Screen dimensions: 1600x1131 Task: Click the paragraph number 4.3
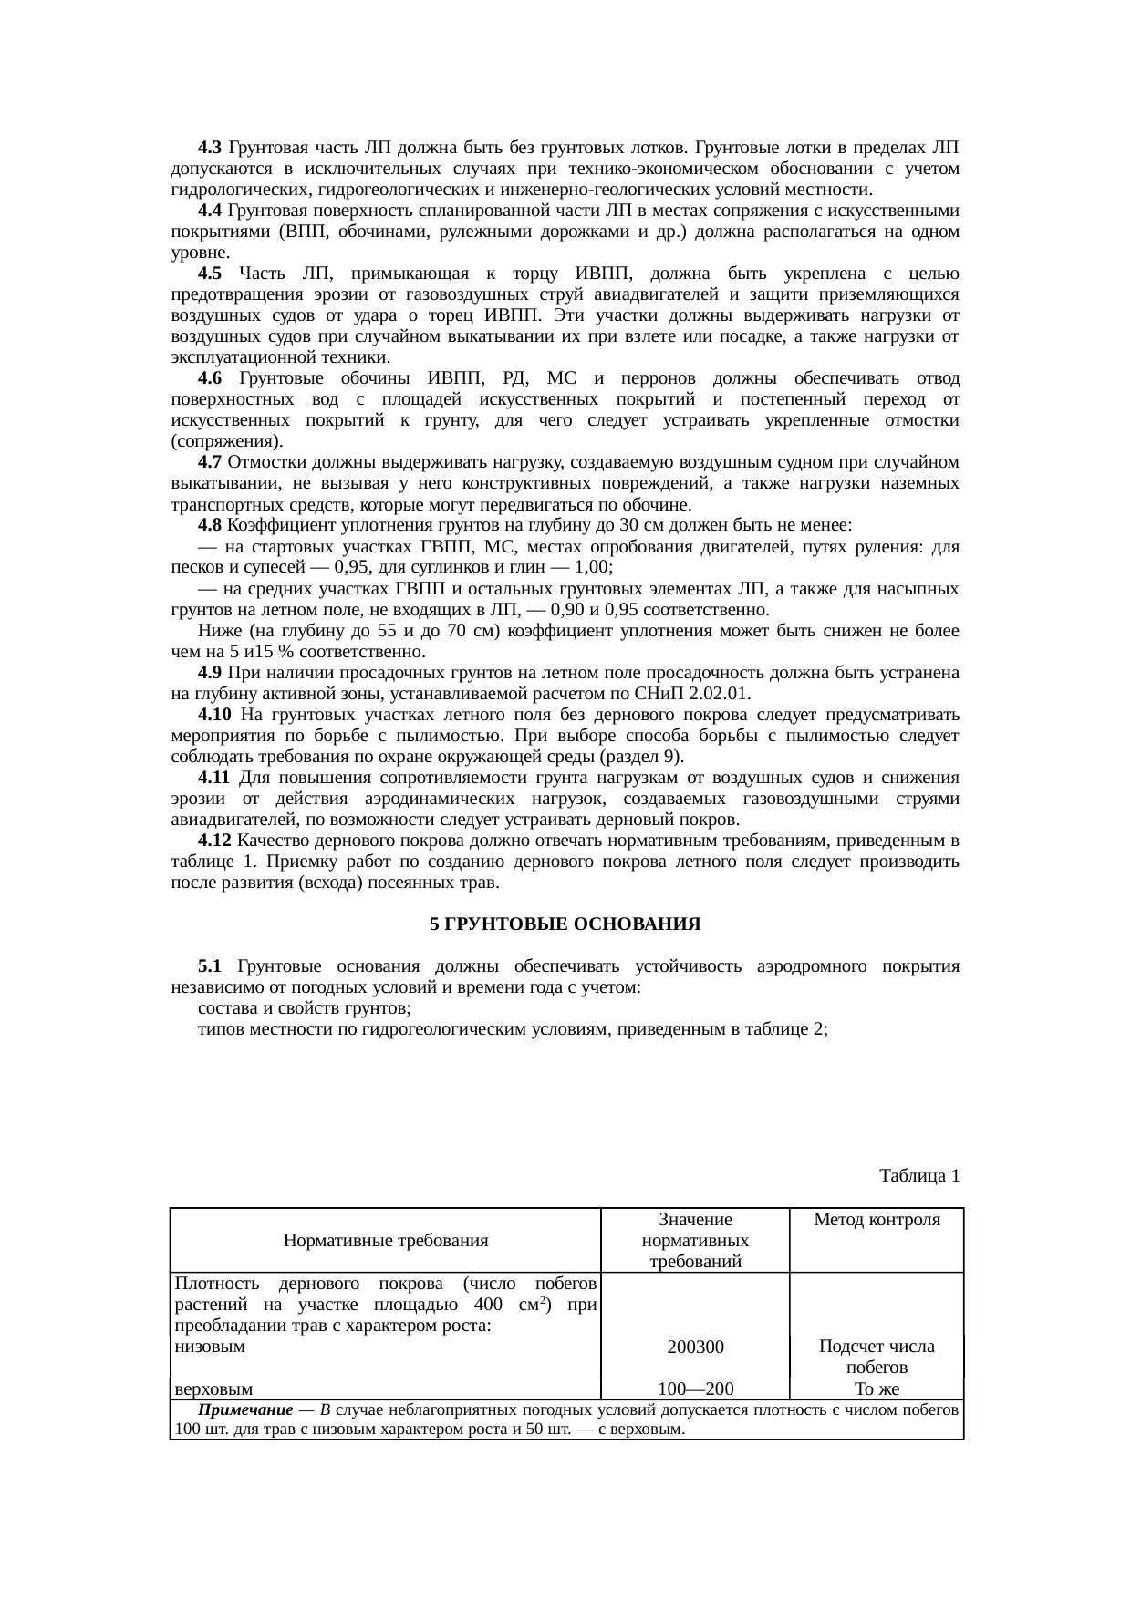tap(210, 148)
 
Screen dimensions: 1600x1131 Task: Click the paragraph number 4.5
tap(210, 274)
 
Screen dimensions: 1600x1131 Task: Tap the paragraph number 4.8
tap(210, 525)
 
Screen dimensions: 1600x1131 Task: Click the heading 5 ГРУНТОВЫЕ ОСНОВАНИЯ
tap(565, 924)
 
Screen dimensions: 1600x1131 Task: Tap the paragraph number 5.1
tap(210, 966)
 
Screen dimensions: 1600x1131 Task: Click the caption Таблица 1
tap(918, 1175)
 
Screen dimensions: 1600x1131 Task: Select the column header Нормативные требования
tap(385, 1240)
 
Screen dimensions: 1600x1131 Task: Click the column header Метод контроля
tap(876, 1219)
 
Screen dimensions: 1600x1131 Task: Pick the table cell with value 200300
tap(695, 1347)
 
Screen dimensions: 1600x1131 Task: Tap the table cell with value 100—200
tap(695, 1389)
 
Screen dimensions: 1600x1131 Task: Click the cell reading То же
tap(876, 1389)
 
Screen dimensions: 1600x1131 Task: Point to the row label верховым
tap(213, 1389)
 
